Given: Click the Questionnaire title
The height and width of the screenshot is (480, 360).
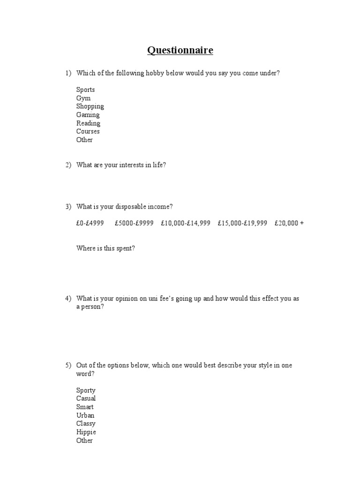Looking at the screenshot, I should tap(180, 51).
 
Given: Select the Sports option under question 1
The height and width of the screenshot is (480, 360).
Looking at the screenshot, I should tap(85, 90).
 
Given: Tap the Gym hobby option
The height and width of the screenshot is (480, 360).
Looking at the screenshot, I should tap(83, 98).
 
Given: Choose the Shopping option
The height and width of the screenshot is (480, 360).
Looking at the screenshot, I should tap(90, 106).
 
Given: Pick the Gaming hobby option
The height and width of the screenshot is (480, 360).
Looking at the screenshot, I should tap(88, 115).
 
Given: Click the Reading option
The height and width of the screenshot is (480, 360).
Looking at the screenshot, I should tap(88, 123).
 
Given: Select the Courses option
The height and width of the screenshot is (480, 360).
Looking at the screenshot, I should tap(88, 131).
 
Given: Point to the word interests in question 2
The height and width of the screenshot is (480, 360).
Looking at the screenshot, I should tap(126, 165).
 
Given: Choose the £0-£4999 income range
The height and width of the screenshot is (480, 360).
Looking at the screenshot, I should tap(90, 223).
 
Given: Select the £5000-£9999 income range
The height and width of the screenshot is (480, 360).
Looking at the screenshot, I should tap(134, 223).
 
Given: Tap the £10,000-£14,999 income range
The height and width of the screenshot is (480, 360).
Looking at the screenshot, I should tap(186, 223).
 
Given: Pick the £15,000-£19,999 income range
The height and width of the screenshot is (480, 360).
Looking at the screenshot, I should tap(242, 223).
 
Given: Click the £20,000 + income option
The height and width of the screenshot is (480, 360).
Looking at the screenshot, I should tap(289, 223).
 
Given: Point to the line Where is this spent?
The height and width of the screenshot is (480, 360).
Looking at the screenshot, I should tap(105, 248).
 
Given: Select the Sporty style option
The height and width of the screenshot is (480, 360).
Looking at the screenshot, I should tap(86, 390).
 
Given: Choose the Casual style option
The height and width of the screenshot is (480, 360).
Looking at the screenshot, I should tap(86, 398).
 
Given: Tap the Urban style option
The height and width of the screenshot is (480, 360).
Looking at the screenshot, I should tap(85, 415).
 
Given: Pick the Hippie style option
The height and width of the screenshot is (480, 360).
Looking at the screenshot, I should tap(86, 432).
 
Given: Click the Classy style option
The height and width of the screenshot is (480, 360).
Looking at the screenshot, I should tap(86, 424).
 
